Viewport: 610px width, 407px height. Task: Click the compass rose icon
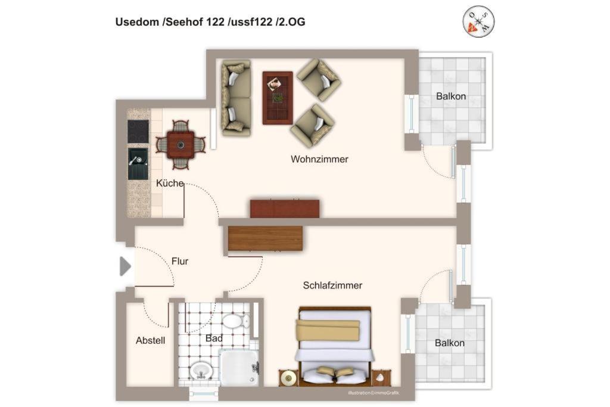click(x=478, y=21)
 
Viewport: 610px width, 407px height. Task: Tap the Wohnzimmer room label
click(x=319, y=159)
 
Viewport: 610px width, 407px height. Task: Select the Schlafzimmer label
click(x=332, y=285)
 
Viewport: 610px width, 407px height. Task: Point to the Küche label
click(x=170, y=183)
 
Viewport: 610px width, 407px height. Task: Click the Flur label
click(x=180, y=261)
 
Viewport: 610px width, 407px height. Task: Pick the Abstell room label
click(x=151, y=340)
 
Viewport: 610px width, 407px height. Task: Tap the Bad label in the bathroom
click(x=214, y=338)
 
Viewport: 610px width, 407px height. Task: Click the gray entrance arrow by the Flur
click(x=125, y=266)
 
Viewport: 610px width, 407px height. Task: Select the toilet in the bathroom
click(x=235, y=321)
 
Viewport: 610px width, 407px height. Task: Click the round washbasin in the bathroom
click(x=201, y=370)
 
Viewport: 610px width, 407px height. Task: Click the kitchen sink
click(x=138, y=164)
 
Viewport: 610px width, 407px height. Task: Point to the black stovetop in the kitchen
click(x=138, y=132)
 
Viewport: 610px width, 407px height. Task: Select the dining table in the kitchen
click(x=180, y=145)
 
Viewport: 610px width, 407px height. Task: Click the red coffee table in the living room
click(x=278, y=98)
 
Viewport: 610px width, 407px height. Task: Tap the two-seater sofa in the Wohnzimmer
click(x=236, y=98)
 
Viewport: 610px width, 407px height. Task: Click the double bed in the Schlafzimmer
click(x=335, y=346)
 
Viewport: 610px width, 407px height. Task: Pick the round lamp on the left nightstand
click(x=288, y=377)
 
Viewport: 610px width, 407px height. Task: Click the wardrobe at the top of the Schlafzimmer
click(x=265, y=238)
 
